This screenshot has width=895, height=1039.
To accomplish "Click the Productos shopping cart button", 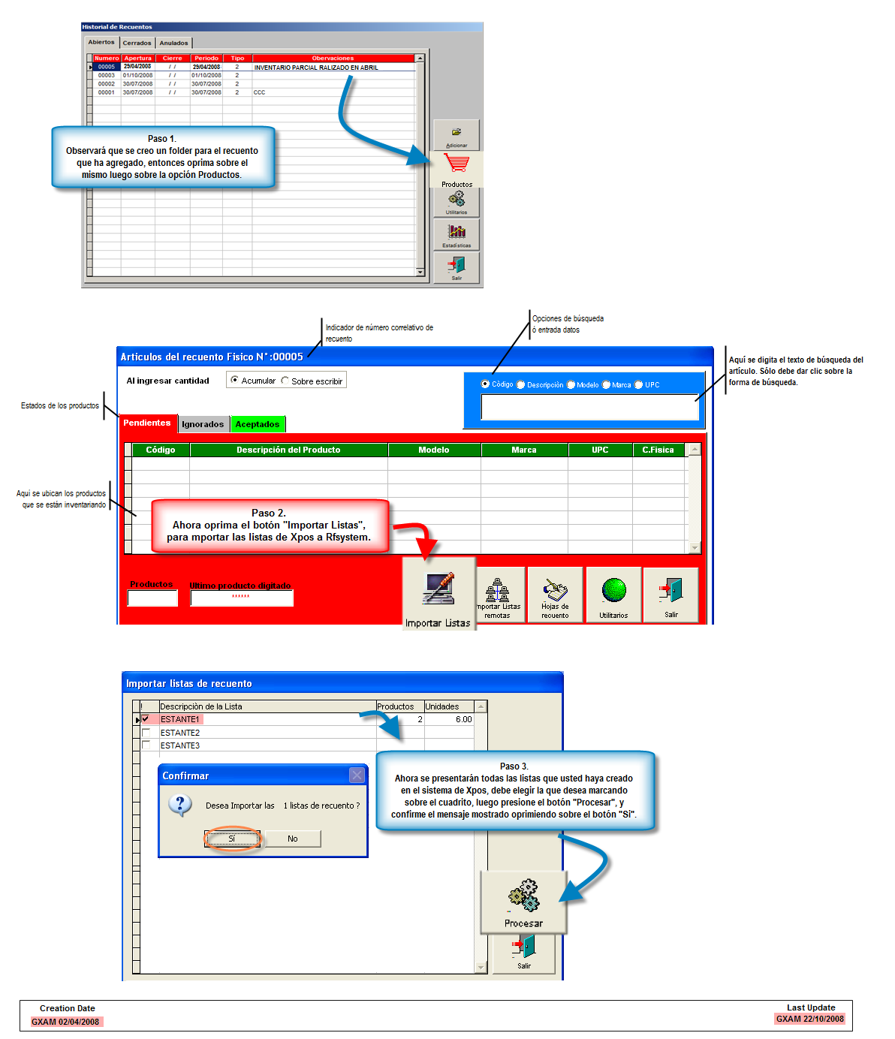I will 457,169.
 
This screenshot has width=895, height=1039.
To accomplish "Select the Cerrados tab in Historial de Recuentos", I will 137,43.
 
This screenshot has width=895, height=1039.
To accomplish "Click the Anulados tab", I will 173,43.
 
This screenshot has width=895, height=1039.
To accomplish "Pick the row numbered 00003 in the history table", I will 107,75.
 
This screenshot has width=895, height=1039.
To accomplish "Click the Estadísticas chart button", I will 457,234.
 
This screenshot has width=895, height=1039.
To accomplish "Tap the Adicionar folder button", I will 457,135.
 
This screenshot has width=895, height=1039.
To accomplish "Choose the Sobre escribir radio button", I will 285,381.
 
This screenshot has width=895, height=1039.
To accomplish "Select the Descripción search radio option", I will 521,384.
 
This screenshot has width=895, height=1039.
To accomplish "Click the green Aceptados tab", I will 258,424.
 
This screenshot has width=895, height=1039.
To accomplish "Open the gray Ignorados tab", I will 203,424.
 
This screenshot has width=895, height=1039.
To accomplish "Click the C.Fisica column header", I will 658,450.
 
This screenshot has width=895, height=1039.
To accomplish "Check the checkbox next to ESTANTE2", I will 146,732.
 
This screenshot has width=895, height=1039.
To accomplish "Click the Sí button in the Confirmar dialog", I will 232,839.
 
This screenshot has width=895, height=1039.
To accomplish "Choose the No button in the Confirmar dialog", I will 293,839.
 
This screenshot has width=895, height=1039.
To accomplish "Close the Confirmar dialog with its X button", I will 357,775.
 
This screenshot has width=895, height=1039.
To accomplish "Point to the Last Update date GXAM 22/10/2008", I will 809,1019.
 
